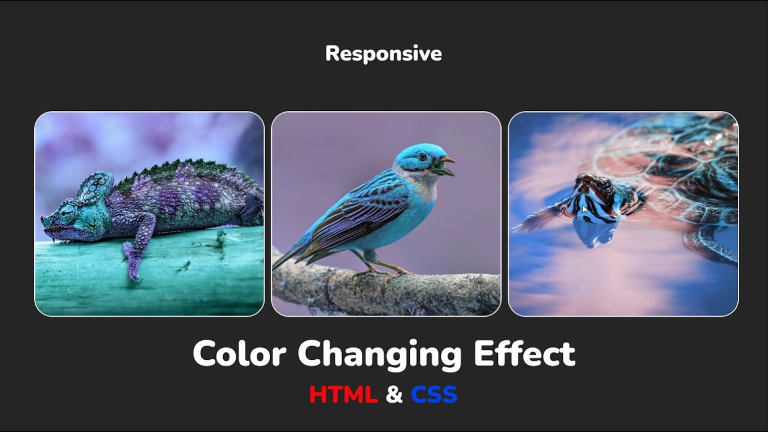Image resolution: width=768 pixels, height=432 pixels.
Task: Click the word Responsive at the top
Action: tap(383, 53)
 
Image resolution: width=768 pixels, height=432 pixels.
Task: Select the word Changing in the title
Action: tap(379, 355)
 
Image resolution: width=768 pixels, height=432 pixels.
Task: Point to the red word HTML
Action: tap(343, 395)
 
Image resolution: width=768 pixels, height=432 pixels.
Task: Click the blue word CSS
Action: tap(434, 395)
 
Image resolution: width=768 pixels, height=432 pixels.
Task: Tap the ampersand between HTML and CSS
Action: tap(394, 395)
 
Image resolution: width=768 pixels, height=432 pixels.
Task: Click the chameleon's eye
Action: tap(68, 213)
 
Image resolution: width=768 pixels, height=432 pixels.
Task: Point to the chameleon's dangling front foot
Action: tap(133, 264)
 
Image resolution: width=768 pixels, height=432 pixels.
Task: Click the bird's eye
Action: tap(422, 157)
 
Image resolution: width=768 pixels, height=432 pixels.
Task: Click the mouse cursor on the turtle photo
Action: tap(584, 209)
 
